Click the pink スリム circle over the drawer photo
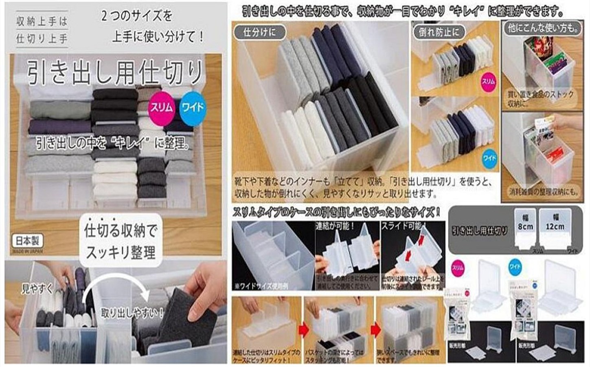pyautogui.click(x=161, y=107)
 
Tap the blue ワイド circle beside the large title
pyautogui.click(x=192, y=107)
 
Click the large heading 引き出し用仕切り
pyautogui.click(x=115, y=72)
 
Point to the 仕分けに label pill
pyautogui.click(x=259, y=32)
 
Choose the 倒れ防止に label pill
pyautogui.click(x=439, y=32)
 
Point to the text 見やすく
pyautogui.click(x=37, y=289)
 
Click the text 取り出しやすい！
pyautogui.click(x=132, y=313)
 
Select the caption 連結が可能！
pyautogui.click(x=335, y=226)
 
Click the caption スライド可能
pyautogui.click(x=403, y=226)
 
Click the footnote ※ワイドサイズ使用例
pyautogui.click(x=261, y=286)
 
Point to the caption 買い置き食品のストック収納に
pyautogui.click(x=540, y=99)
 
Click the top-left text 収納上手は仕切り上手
pyautogui.click(x=42, y=30)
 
